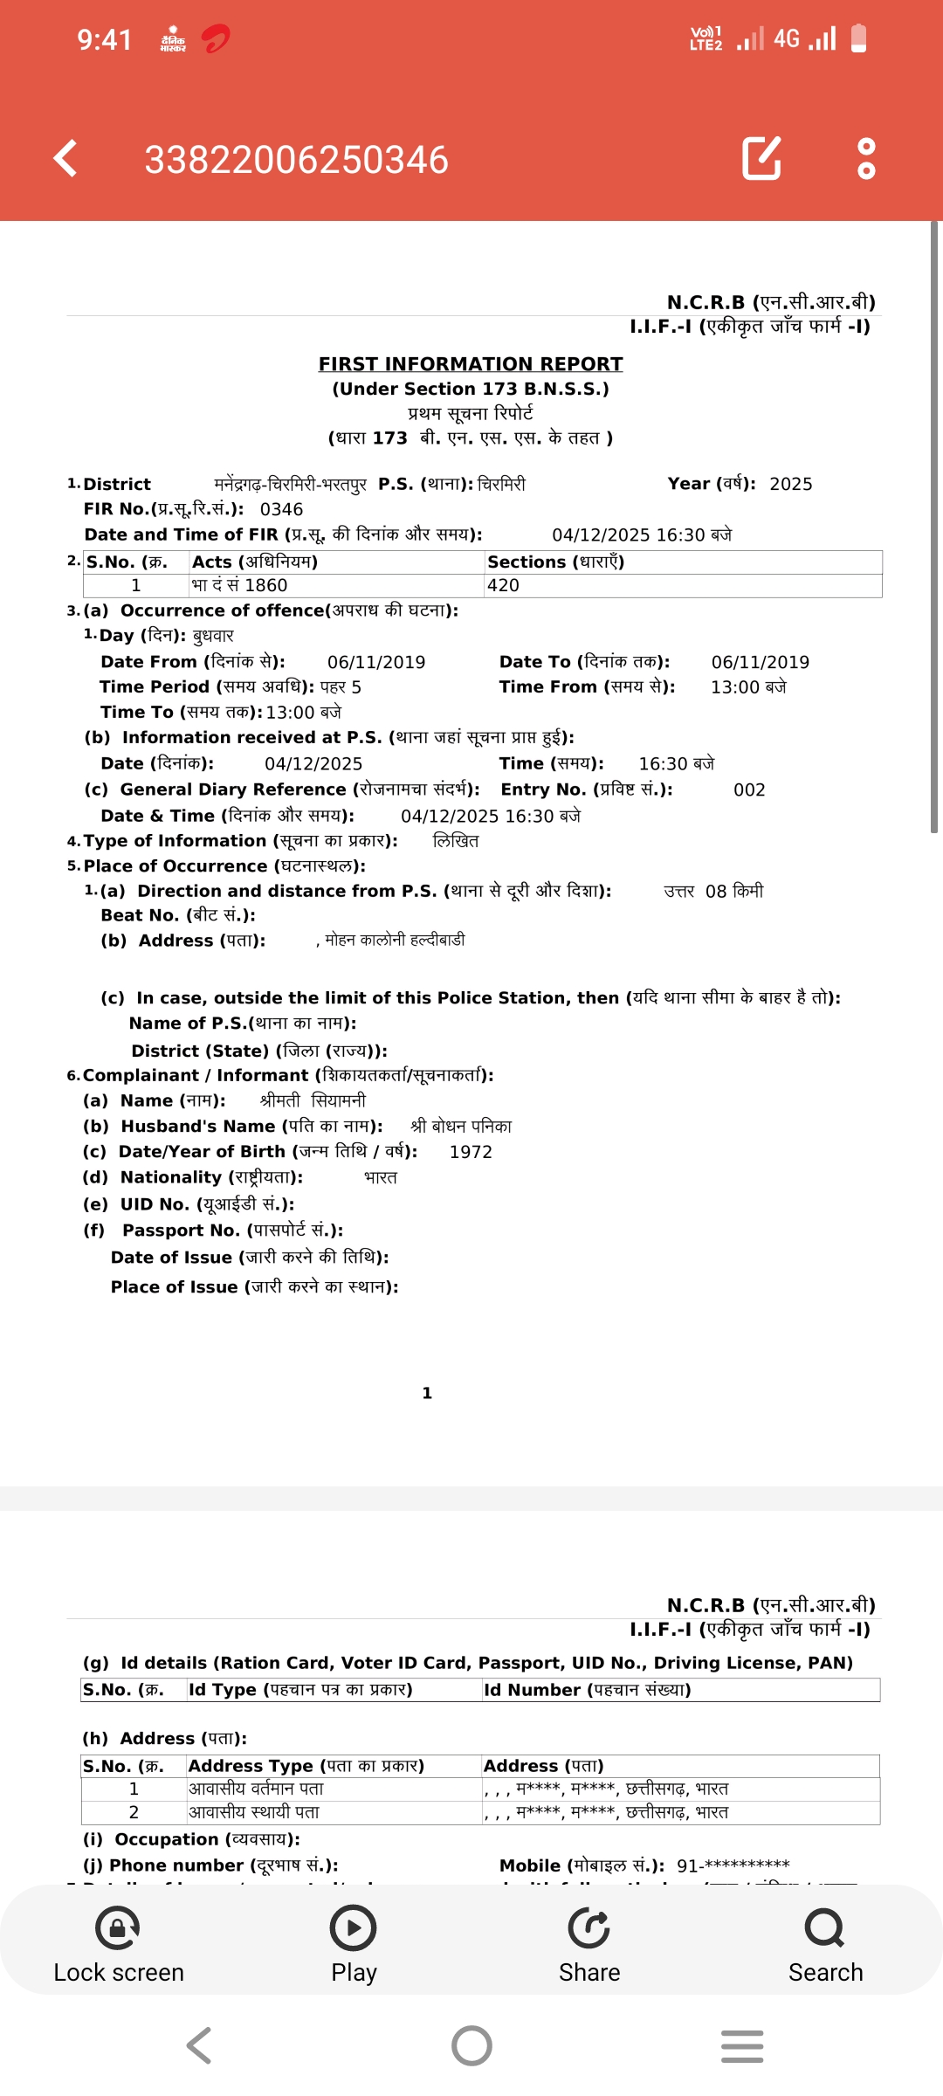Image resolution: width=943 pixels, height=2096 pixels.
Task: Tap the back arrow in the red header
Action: pyautogui.click(x=66, y=159)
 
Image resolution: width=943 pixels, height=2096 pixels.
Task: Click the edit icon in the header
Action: pyautogui.click(x=761, y=158)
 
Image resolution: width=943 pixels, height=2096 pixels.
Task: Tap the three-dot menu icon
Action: pyautogui.click(x=866, y=158)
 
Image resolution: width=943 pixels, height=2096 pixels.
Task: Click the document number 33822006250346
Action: pyautogui.click(x=296, y=160)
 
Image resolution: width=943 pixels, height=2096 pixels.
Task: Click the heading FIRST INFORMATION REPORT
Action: pyautogui.click(x=471, y=363)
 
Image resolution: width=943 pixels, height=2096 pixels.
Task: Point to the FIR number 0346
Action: pyautogui.click(x=281, y=509)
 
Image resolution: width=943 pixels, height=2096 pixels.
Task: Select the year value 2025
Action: pyautogui.click(x=790, y=484)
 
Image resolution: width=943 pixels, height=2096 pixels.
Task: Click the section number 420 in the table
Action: pyautogui.click(x=503, y=585)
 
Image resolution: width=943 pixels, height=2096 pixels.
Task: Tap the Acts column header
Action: pyautogui.click(x=255, y=562)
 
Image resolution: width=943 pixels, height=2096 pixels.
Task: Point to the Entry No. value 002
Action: pyautogui.click(x=749, y=789)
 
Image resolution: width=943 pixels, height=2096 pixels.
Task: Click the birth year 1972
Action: pyautogui.click(x=471, y=1152)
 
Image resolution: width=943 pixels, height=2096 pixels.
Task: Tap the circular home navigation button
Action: pyautogui.click(x=471, y=2045)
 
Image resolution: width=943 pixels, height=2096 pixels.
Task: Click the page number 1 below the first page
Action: pyautogui.click(x=427, y=1393)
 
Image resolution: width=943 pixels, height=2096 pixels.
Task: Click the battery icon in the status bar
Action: pyautogui.click(x=858, y=38)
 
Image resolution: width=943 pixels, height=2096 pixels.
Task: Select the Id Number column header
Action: pyautogui.click(x=587, y=1690)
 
